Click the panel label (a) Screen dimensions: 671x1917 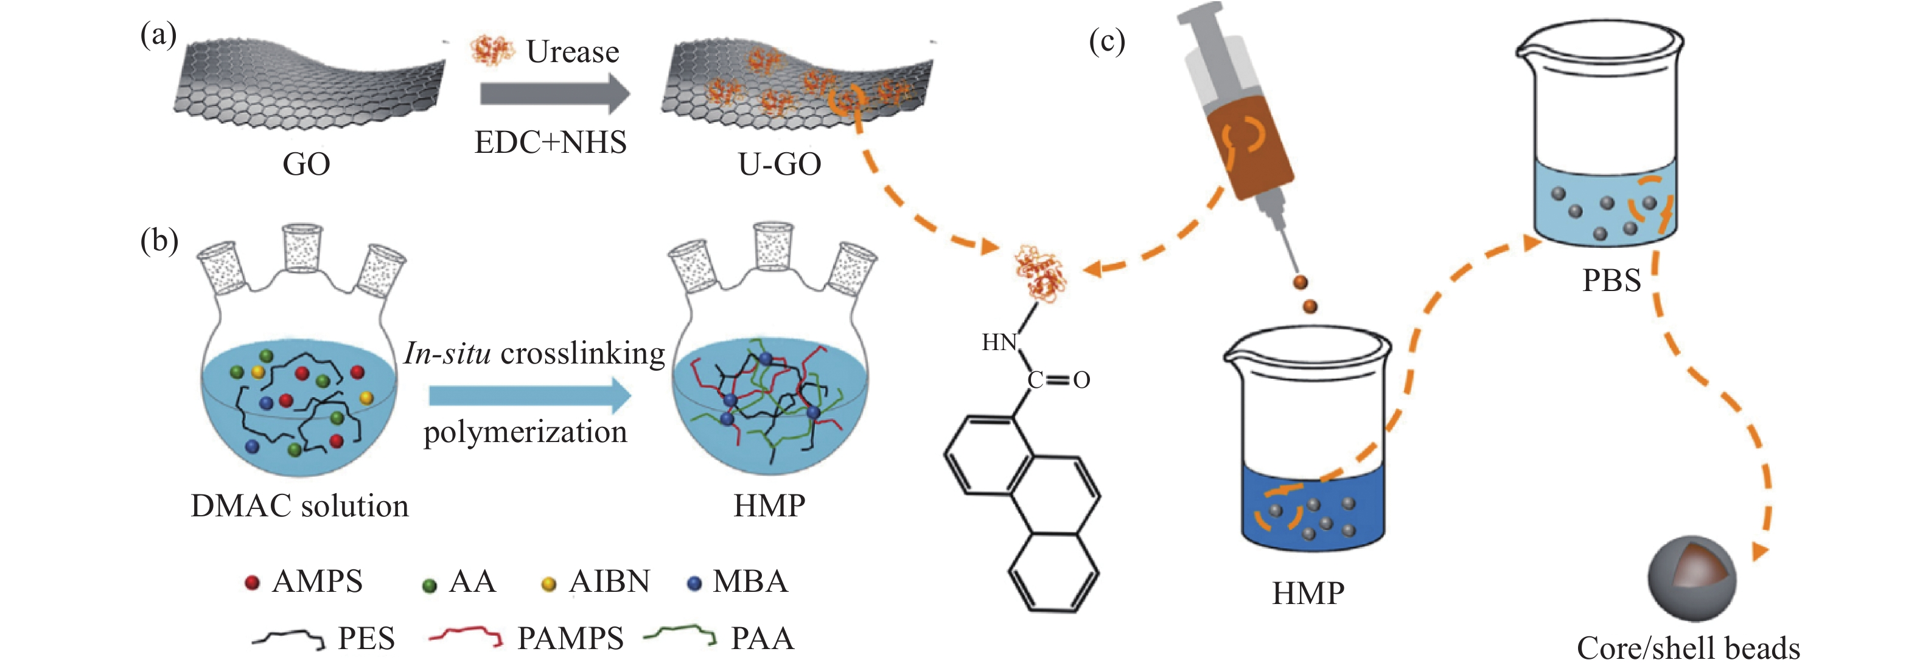click(x=158, y=35)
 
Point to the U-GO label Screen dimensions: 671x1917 click(x=779, y=164)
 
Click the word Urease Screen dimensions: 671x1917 click(x=572, y=51)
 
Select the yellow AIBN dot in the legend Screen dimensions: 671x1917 click(x=548, y=585)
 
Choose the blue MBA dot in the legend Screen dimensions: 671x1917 click(x=694, y=584)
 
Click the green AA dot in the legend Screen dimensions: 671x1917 click(x=428, y=585)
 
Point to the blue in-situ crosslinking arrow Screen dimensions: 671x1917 click(x=529, y=395)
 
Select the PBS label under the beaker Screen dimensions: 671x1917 click(x=1611, y=281)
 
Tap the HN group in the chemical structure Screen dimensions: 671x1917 click(x=999, y=343)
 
